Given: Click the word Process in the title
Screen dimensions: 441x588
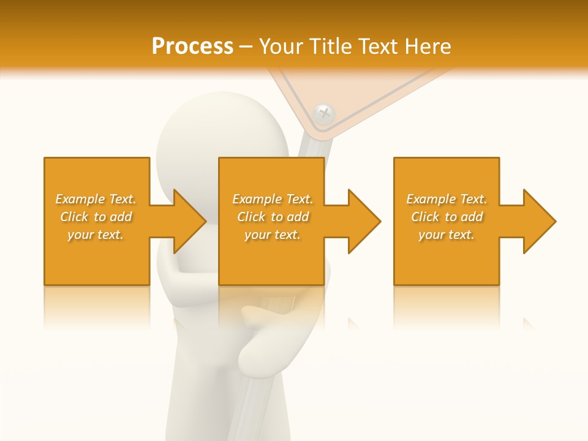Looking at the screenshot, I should pyautogui.click(x=192, y=47).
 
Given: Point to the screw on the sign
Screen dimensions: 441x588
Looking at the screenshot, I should pyautogui.click(x=323, y=113).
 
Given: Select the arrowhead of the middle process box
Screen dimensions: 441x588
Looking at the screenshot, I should pyautogui.click(x=364, y=221).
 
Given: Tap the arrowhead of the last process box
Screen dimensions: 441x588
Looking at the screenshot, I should pyautogui.click(x=539, y=221).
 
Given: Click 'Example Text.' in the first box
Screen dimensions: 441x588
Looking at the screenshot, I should pyautogui.click(x=96, y=199).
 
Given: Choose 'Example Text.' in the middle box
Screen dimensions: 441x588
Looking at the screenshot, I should pyautogui.click(x=273, y=199).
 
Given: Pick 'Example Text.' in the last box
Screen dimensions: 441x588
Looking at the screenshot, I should pyautogui.click(x=447, y=199).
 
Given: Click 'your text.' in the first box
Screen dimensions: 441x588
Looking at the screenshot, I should pyautogui.click(x=96, y=235).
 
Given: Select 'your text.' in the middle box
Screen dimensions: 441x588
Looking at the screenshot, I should pyautogui.click(x=273, y=235).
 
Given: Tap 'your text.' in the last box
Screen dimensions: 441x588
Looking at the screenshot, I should pyautogui.click(x=447, y=235).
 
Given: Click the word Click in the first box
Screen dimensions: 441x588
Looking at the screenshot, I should pyautogui.click(x=74, y=217).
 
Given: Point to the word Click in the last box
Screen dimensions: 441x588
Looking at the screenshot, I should pyautogui.click(x=425, y=217).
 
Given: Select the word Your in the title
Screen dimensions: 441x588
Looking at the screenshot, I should pyautogui.click(x=280, y=47).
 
